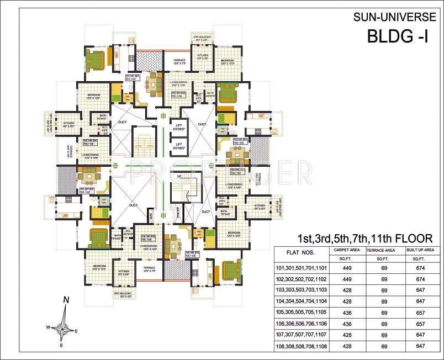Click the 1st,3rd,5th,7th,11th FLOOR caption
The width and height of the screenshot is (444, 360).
tap(362, 238)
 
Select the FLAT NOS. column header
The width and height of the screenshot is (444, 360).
tap(300, 253)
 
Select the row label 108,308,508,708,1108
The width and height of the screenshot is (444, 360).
tap(302, 346)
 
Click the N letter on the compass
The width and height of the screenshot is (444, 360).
tap(66, 300)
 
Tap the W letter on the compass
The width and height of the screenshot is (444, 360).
tap(48, 327)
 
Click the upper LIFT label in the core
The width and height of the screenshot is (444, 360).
tap(178, 125)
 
